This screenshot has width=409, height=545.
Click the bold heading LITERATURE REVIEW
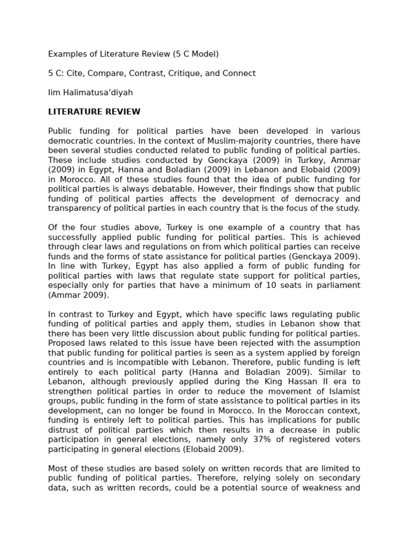[94, 112]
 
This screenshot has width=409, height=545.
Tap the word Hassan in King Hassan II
[276, 382]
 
